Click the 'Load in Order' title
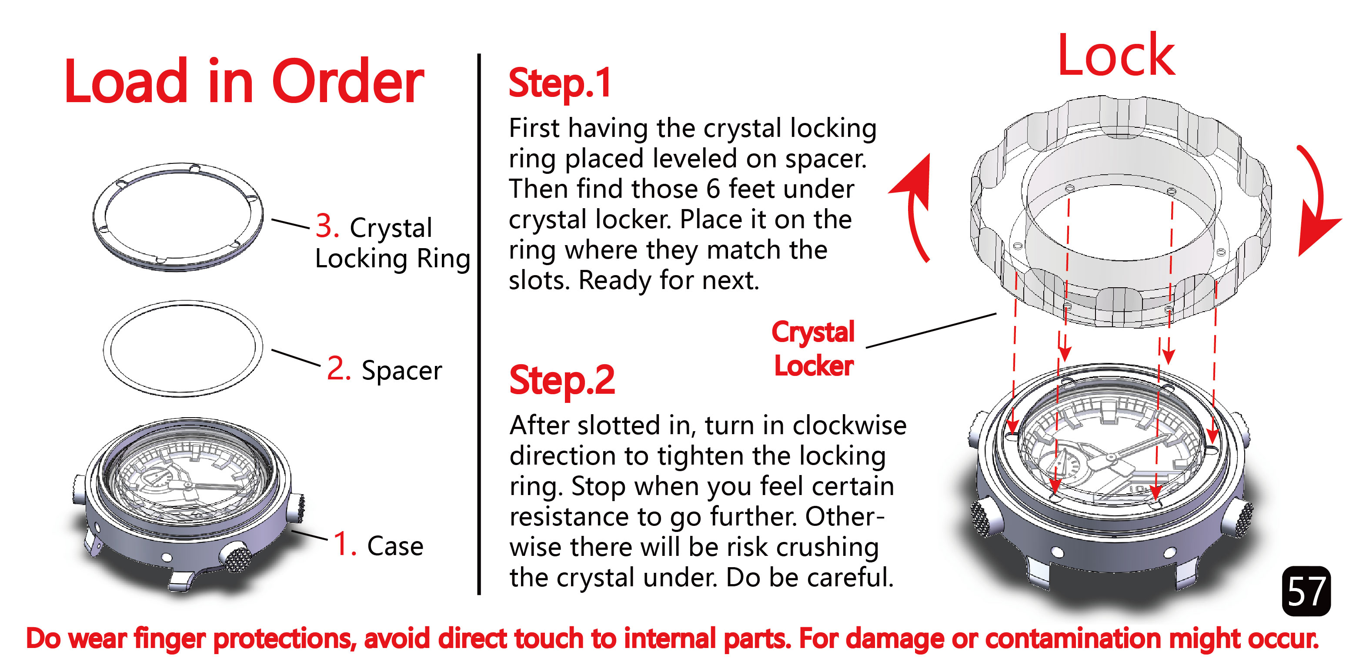click(x=244, y=83)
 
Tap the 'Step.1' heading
click(x=560, y=83)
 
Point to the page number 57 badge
click(x=1305, y=591)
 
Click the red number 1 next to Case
click(x=344, y=544)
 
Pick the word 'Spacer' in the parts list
click(x=401, y=371)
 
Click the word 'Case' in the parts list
click(x=395, y=546)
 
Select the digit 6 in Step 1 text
click(x=714, y=189)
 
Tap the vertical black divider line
click(x=479, y=324)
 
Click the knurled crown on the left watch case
click(x=238, y=557)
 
